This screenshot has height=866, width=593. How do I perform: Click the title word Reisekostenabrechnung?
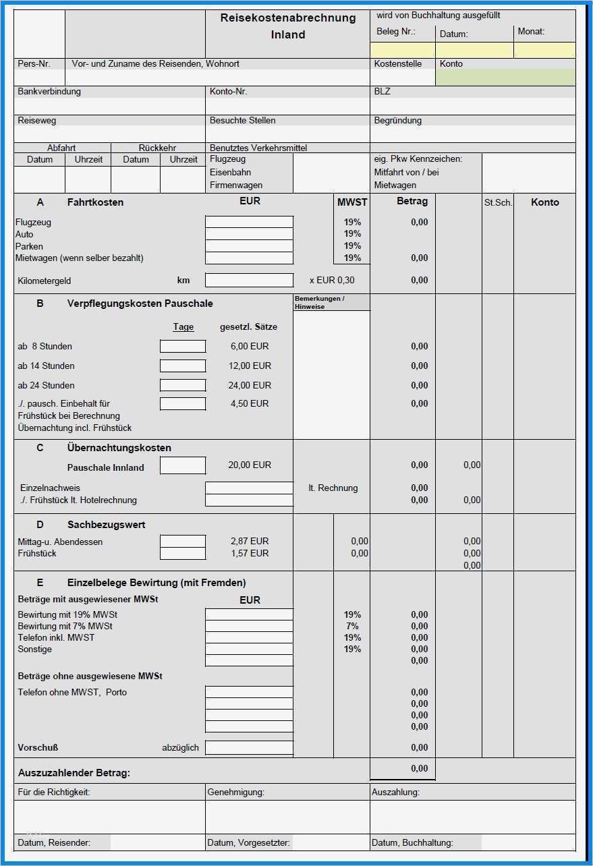288,18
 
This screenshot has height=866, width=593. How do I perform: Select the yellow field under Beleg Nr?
402,51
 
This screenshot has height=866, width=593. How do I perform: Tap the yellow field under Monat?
544,51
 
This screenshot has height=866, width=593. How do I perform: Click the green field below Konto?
505,78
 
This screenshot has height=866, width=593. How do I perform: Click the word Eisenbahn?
231,172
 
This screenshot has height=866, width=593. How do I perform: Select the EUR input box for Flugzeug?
249,222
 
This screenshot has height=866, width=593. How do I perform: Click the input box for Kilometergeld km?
249,281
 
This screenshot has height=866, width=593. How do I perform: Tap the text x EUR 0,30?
331,281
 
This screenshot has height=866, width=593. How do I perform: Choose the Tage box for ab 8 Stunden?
183,347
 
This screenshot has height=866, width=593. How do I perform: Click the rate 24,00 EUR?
250,385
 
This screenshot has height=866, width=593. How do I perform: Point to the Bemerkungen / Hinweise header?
320,302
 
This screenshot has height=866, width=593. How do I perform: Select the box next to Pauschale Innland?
183,465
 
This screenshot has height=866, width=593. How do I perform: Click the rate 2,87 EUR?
250,542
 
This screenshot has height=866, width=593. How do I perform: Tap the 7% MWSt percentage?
352,627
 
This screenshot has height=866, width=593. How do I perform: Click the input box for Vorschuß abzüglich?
249,747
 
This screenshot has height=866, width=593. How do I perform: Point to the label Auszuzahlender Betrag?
74,773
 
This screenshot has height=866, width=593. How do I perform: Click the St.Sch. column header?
498,202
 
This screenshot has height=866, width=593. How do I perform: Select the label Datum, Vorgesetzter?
249,842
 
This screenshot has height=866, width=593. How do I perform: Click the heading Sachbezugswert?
107,525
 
